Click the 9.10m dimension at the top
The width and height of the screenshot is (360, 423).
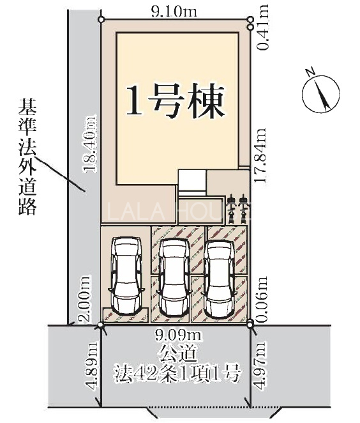click(x=174, y=12)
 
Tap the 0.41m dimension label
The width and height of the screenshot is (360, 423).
click(x=262, y=27)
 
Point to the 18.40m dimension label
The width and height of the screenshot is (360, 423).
click(x=90, y=144)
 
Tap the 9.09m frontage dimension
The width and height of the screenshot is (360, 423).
click(x=177, y=335)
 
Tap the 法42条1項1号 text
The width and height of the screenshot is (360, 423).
click(x=177, y=374)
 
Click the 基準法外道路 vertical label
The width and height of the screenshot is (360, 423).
click(x=27, y=157)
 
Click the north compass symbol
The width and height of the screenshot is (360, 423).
click(x=320, y=92)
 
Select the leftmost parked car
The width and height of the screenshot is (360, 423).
click(x=126, y=275)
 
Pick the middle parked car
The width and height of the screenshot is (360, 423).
click(x=173, y=278)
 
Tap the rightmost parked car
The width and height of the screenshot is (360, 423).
click(x=219, y=278)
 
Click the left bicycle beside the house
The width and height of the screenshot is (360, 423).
click(x=231, y=210)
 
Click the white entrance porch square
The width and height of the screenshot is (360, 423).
click(x=192, y=180)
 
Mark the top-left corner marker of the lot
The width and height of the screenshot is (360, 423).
click(x=101, y=19)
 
